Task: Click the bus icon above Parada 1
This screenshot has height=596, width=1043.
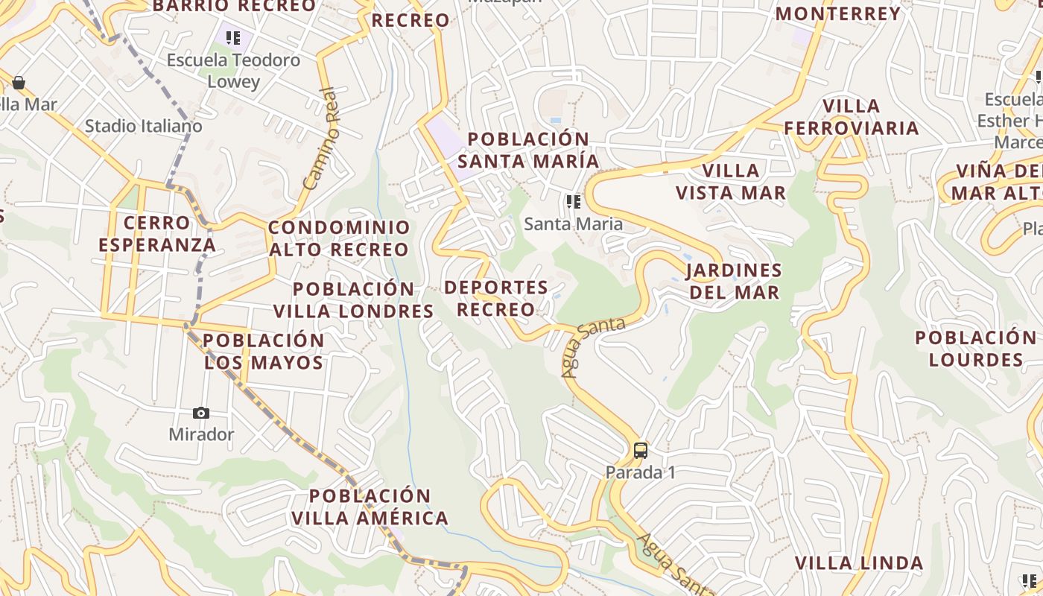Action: coord(640,451)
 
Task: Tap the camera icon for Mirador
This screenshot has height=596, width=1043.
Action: coord(201,413)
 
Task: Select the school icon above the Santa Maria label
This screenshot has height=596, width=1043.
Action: coord(573,202)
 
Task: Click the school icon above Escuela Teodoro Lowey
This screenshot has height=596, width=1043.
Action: coord(233,37)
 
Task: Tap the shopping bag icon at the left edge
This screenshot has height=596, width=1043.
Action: coord(19,82)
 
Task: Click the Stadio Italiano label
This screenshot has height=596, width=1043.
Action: coord(143,126)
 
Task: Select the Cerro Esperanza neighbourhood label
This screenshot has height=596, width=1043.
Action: coord(157,233)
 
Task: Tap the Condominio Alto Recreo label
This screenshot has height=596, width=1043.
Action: coord(339,238)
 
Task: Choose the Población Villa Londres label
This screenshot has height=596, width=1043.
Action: coord(353,299)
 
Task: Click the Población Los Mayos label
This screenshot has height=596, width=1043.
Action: coord(264,352)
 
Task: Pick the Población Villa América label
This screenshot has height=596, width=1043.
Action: coord(370,507)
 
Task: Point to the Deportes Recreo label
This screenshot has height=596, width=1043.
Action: coord(496,298)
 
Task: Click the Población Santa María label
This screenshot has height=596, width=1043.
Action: coord(528,150)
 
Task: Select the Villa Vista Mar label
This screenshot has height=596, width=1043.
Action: coord(730,182)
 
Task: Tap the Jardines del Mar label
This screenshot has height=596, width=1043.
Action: coord(734,281)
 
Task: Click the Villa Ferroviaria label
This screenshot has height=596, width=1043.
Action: coord(852,117)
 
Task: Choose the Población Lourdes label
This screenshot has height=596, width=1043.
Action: coord(975,349)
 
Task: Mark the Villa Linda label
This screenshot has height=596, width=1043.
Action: coord(859,562)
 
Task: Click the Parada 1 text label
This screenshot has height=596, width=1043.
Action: coord(640,472)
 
